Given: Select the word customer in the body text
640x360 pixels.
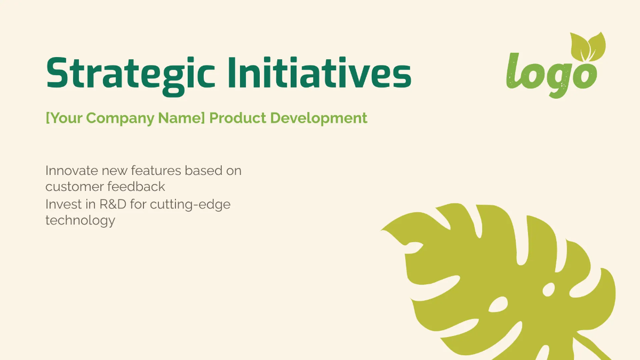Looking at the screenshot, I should pyautogui.click(x=74, y=187).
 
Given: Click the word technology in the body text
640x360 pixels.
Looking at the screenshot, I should pyautogui.click(x=80, y=220).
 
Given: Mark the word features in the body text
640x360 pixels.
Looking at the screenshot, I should pyautogui.click(x=156, y=171).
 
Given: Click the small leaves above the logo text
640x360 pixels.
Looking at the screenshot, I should pyautogui.click(x=588, y=46).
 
